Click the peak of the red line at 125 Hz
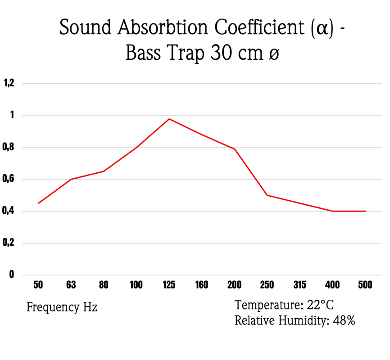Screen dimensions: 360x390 point(169,119)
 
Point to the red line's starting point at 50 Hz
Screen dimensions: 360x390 point(38,203)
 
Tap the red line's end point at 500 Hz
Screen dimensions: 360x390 point(365,211)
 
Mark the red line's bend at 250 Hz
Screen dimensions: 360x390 point(267,195)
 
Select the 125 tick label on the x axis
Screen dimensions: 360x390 point(169,285)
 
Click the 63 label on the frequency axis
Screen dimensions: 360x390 point(71,285)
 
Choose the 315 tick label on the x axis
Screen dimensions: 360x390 point(299,285)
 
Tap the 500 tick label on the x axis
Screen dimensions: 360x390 point(365,285)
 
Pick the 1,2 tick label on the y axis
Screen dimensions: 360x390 point(9,83)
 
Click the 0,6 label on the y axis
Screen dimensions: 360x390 point(9,179)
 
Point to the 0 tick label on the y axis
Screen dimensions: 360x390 point(12,274)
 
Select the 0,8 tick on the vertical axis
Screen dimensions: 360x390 point(9,147)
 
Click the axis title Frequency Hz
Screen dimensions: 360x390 point(62,308)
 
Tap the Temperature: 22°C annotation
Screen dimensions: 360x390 point(284,306)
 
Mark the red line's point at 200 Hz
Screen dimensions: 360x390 point(235,149)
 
